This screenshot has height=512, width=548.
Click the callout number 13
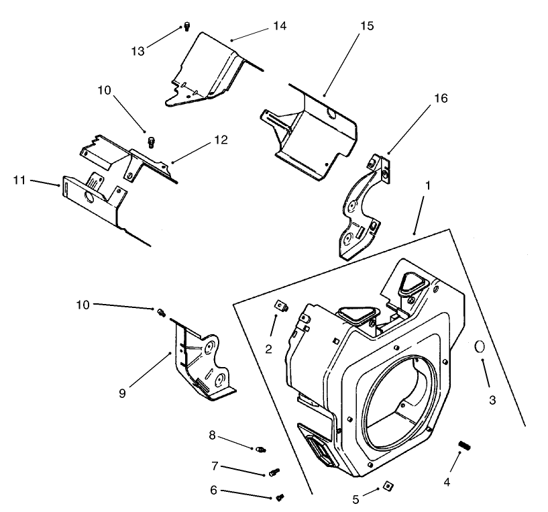(138, 51)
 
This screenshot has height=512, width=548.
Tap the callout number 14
(279, 25)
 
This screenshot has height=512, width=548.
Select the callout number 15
(367, 25)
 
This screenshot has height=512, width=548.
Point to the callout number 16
(440, 98)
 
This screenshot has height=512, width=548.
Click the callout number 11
(20, 179)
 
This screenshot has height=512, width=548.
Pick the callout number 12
(221, 140)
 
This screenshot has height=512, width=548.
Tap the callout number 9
(122, 393)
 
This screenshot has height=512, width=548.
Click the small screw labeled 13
(187, 27)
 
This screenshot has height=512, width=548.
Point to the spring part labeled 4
(462, 446)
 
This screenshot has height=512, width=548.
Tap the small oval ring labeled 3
(480, 346)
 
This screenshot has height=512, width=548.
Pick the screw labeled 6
(280, 497)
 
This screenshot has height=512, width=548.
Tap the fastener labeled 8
(262, 449)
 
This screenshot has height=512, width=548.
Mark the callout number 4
(447, 482)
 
